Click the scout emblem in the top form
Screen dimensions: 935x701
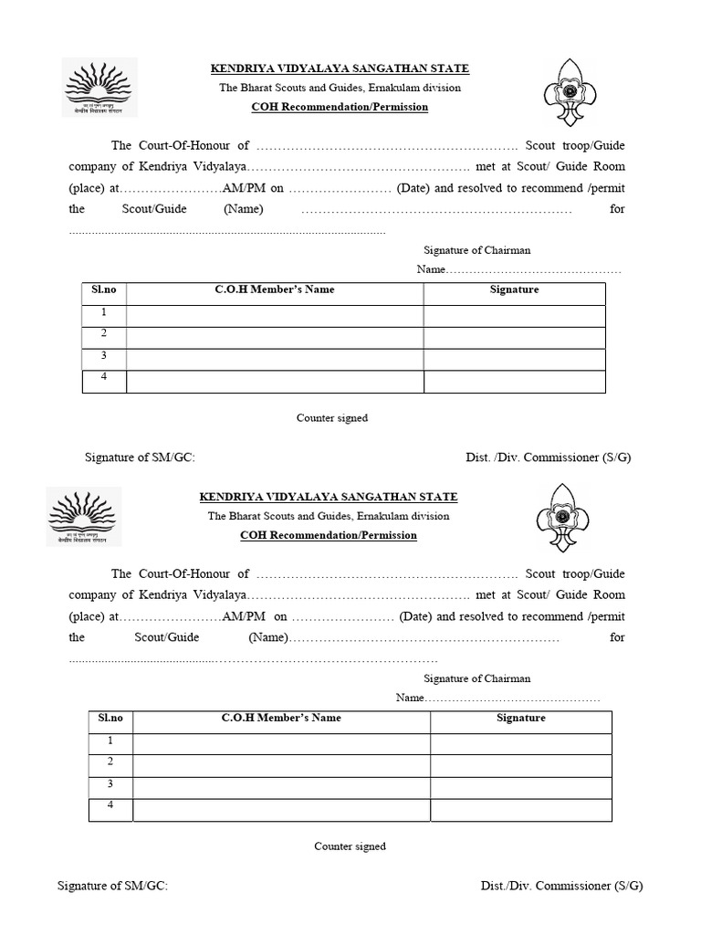point(573,92)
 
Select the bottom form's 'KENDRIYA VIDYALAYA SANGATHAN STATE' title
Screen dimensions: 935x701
point(329,497)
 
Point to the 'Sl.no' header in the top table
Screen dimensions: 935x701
point(104,289)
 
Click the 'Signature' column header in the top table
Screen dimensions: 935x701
point(514,289)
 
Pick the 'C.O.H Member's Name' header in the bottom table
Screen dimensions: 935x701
point(281,718)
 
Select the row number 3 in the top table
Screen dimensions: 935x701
point(104,356)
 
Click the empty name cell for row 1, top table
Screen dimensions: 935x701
point(275,316)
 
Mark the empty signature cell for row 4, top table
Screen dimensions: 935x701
point(514,382)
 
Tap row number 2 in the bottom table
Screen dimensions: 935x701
point(110,762)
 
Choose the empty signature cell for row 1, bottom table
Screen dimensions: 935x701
point(520,743)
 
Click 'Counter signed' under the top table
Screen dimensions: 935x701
point(332,418)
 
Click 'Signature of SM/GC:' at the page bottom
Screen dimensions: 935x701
point(112,886)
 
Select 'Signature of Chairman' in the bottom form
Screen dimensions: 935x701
point(476,678)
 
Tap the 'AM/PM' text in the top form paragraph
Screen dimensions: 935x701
point(241,189)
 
